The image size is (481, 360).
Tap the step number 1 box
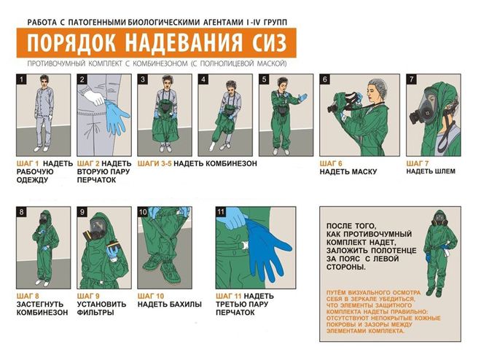coord(22,79)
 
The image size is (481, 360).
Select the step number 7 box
coord(412,79)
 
